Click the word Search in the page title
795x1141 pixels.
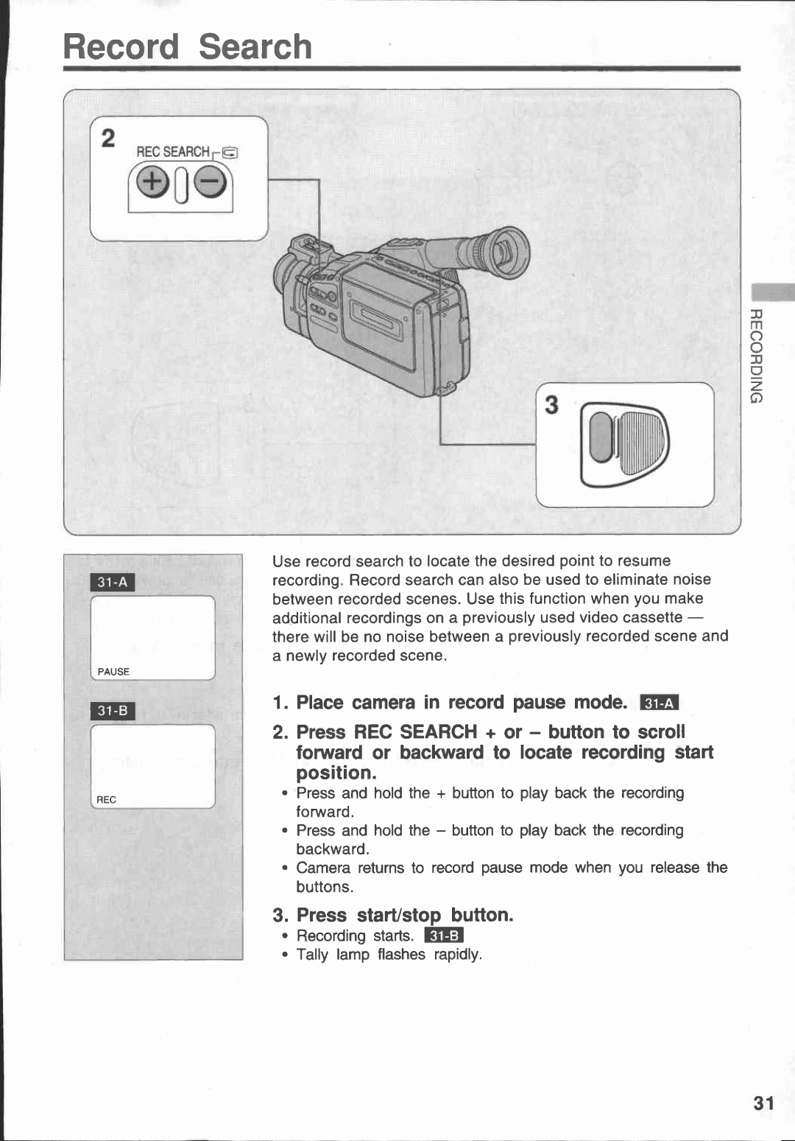(255, 47)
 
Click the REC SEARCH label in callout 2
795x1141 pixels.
(173, 152)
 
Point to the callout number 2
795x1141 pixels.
(108, 138)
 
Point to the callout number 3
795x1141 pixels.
(551, 405)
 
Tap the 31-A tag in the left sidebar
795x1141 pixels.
(113, 583)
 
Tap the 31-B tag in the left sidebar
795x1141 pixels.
(113, 711)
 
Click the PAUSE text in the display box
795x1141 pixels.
(113, 672)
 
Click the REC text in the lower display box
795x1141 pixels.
(107, 800)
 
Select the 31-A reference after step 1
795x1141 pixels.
(659, 703)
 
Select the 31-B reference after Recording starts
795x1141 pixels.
(444, 936)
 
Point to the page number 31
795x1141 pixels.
(763, 1103)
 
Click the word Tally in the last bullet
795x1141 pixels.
(312, 955)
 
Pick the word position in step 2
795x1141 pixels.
(336, 773)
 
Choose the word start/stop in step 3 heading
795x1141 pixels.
(398, 916)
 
